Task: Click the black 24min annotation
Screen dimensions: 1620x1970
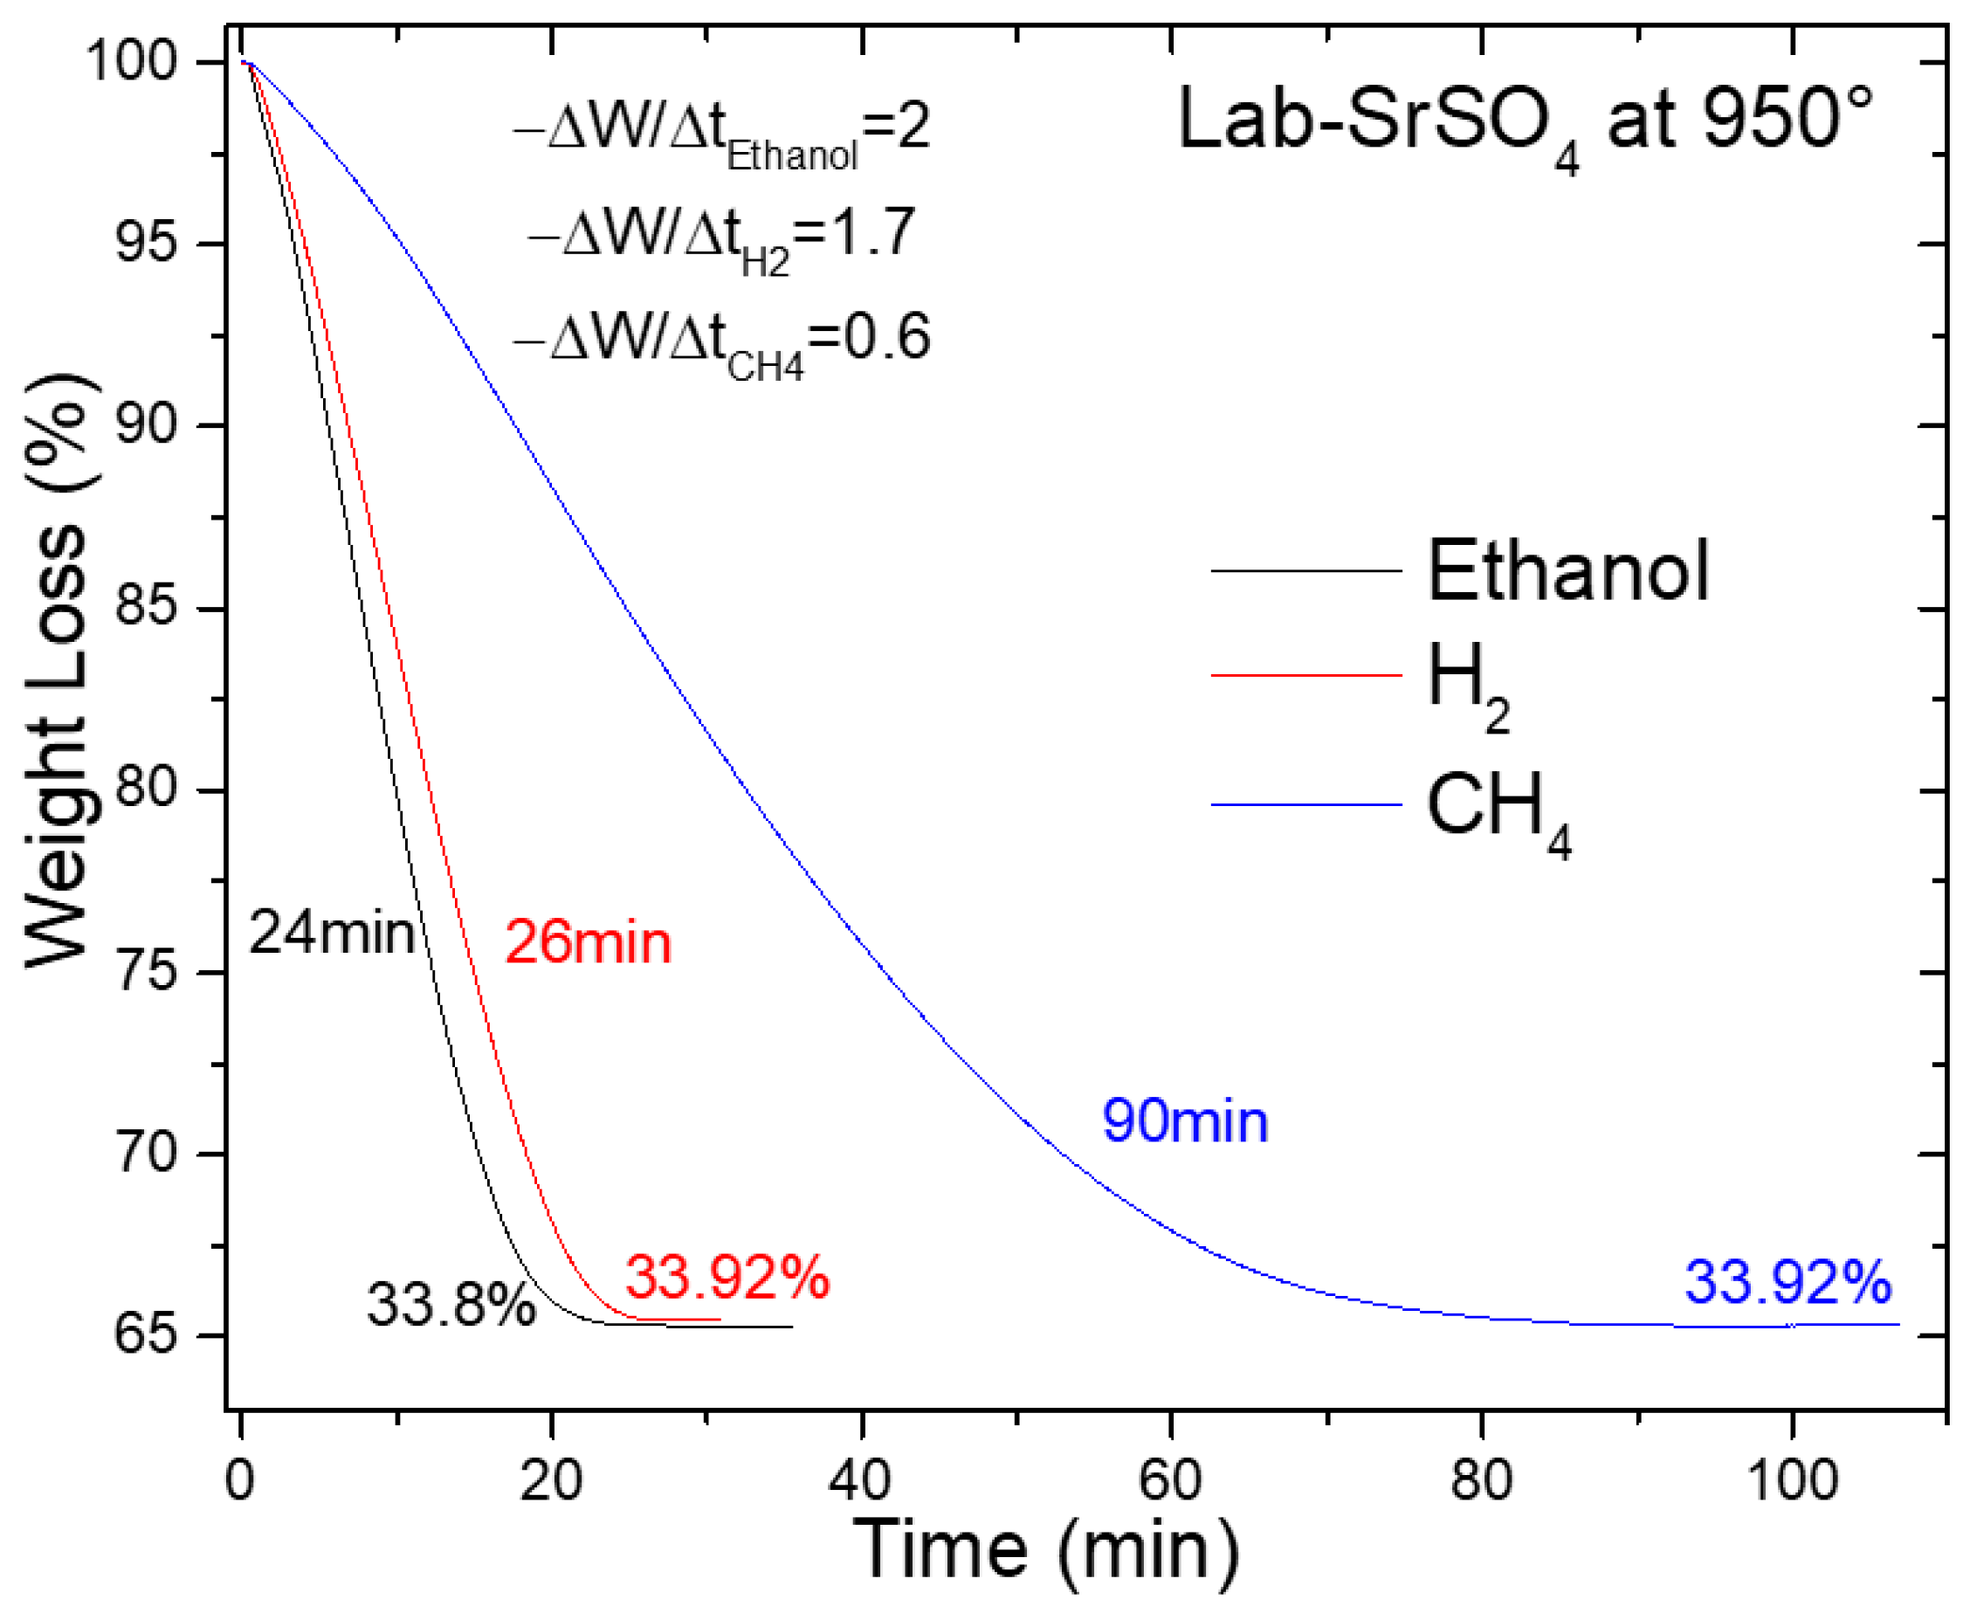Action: [x=331, y=932]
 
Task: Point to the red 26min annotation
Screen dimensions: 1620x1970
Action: [x=588, y=941]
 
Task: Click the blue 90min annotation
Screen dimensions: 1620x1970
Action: [x=1184, y=1120]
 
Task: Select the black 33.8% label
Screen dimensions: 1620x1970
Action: [x=451, y=1304]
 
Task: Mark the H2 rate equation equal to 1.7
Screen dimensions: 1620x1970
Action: [x=721, y=235]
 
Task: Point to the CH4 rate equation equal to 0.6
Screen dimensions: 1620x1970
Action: [x=721, y=341]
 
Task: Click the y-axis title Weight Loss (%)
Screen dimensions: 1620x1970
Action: [x=56, y=672]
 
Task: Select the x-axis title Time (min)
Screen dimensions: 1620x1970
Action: [x=1045, y=1549]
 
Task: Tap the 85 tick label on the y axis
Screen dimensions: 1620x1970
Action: [x=145, y=608]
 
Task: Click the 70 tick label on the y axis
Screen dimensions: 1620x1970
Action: [x=145, y=1154]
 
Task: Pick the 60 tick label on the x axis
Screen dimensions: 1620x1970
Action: [x=1170, y=1480]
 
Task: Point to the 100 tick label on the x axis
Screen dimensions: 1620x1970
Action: [x=1792, y=1480]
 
